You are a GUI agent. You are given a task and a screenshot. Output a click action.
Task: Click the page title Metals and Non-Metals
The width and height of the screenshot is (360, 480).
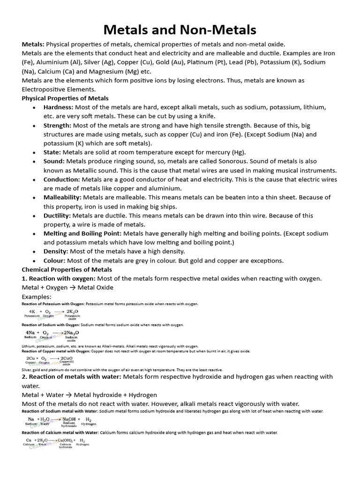pyautogui.click(x=180, y=30)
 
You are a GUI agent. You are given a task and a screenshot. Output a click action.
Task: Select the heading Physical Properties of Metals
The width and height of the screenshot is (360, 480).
pyautogui.click(x=65, y=98)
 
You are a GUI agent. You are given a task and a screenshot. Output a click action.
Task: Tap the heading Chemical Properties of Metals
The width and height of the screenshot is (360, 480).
pyautogui.click(x=67, y=270)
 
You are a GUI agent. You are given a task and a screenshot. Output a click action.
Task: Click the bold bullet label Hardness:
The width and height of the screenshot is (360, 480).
pyautogui.click(x=58, y=107)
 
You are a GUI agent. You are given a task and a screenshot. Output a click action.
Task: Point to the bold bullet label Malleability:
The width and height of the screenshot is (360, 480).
pyautogui.click(x=62, y=197)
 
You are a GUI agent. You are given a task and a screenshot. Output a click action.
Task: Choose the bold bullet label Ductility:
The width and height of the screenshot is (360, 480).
pyautogui.click(x=57, y=216)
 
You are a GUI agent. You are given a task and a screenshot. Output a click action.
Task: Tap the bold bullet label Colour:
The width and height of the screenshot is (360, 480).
pyautogui.click(x=55, y=261)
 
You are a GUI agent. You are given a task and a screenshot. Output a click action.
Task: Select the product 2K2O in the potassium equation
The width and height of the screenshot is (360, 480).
pyautogui.click(x=72, y=311)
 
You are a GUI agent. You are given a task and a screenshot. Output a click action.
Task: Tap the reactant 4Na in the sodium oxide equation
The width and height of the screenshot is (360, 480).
pyautogui.click(x=31, y=332)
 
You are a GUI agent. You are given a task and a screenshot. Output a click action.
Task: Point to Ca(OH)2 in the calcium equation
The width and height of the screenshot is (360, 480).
pyautogui.click(x=67, y=441)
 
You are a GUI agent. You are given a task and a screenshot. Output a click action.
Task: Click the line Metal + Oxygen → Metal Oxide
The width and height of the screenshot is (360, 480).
pyautogui.click(x=67, y=287)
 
